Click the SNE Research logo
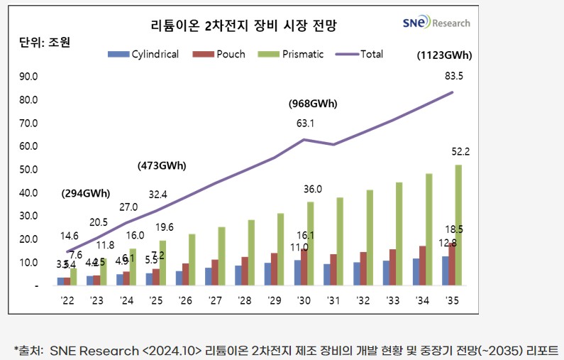click(436, 23)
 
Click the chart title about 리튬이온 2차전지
click(244, 26)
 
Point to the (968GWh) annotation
click(312, 104)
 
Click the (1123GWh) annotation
click(444, 55)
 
